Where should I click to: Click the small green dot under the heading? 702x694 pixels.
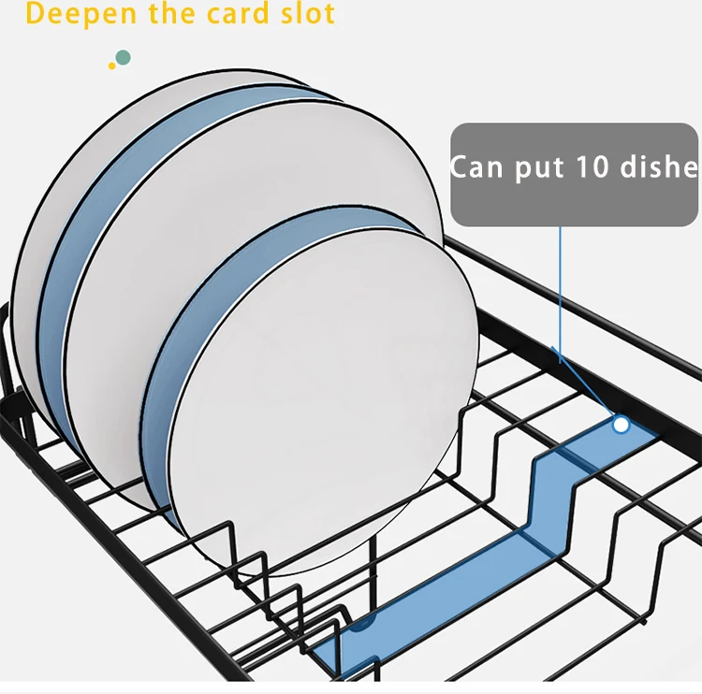coord(123,58)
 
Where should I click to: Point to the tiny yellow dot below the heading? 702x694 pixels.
coord(112,65)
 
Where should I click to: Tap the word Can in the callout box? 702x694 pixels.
coord(479,167)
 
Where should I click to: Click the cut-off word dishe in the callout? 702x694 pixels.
coord(661,167)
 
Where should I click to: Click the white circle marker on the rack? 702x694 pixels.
coord(621,425)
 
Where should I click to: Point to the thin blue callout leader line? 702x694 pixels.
coord(560,290)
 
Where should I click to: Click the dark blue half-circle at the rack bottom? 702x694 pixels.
coord(364,618)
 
